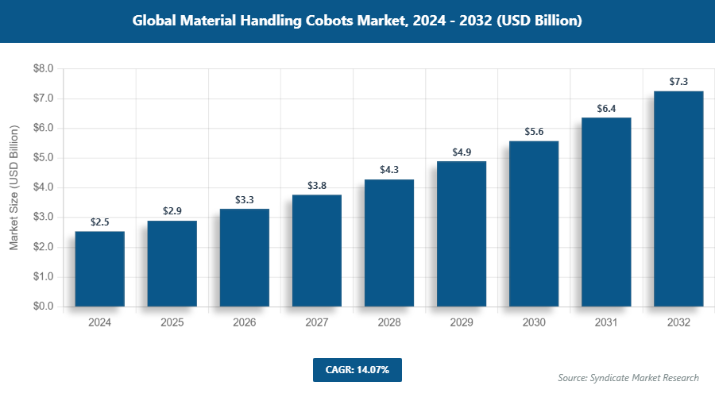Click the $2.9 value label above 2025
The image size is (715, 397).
pyautogui.click(x=172, y=210)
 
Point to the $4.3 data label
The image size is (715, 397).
pyautogui.click(x=389, y=169)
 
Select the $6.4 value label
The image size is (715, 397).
pyautogui.click(x=606, y=108)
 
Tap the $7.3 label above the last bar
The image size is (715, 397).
pyautogui.click(x=678, y=81)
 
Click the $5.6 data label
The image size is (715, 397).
pyautogui.click(x=534, y=131)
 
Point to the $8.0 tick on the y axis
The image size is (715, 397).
pyautogui.click(x=43, y=69)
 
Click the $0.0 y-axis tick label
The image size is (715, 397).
pyautogui.click(x=43, y=306)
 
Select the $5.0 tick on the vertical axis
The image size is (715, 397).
pyautogui.click(x=43, y=158)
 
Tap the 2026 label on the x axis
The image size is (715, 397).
pyautogui.click(x=245, y=323)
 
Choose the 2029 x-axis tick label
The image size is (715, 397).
pyautogui.click(x=462, y=323)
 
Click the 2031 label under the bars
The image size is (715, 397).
pyautogui.click(x=606, y=323)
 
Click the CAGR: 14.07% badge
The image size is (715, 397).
pyautogui.click(x=357, y=369)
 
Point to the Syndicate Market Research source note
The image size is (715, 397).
pyautogui.click(x=628, y=377)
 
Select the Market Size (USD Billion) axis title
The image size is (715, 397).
pyautogui.click(x=14, y=188)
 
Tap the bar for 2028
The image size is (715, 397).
pyautogui.click(x=389, y=243)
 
